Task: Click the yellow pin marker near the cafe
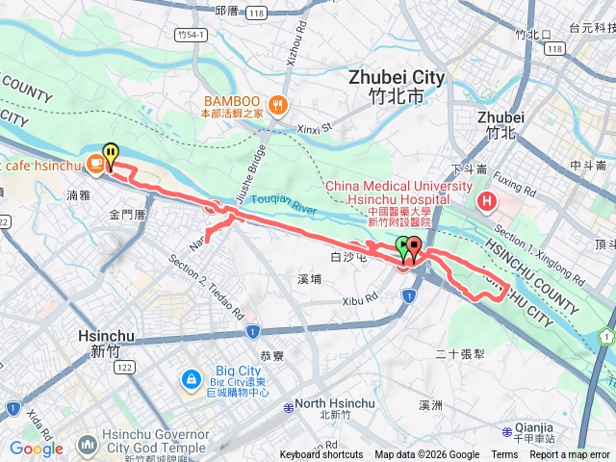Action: click(x=112, y=153)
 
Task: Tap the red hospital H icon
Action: click(x=487, y=201)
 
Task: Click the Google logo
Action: click(x=36, y=449)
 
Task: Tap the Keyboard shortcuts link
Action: click(x=321, y=455)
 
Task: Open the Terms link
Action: click(x=504, y=455)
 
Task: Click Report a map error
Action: click(x=570, y=455)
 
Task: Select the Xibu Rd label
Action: click(x=362, y=301)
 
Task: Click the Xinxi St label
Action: click(x=313, y=127)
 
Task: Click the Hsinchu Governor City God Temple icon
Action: click(x=88, y=446)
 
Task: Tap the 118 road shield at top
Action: click(x=283, y=13)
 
